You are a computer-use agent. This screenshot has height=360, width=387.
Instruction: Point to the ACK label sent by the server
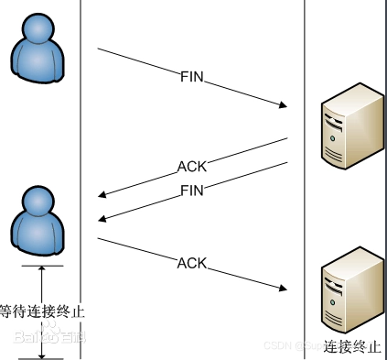click(192, 167)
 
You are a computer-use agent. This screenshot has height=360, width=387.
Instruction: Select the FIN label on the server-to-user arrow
click(192, 191)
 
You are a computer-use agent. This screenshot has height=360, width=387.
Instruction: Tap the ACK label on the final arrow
click(192, 264)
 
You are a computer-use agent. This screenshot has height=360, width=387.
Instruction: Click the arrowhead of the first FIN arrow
click(283, 107)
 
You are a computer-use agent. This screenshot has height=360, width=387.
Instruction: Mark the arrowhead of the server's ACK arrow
click(103, 194)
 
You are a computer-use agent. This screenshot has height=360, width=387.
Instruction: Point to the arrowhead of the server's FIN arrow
click(103, 218)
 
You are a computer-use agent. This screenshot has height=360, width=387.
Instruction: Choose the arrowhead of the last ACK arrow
click(283, 289)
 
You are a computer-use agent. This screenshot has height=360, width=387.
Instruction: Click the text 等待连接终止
click(42, 311)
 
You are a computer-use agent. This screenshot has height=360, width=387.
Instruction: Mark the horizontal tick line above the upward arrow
click(42, 266)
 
